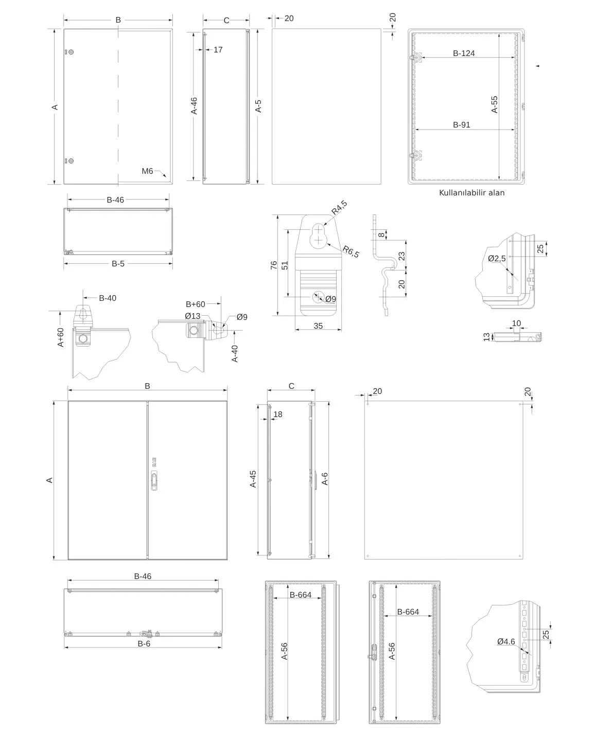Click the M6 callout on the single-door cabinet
148,171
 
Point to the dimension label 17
218,50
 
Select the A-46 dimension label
194,105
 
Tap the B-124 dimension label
464,53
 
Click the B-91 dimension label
461,124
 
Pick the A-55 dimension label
495,104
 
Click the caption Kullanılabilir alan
471,193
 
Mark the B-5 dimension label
118,263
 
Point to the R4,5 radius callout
339,207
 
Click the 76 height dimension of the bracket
273,265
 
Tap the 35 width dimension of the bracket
318,326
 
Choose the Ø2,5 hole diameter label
497,258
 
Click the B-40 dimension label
108,298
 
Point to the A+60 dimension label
61,337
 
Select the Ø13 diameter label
193,316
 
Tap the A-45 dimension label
253,479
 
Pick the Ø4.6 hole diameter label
506,641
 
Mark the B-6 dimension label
144,643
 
